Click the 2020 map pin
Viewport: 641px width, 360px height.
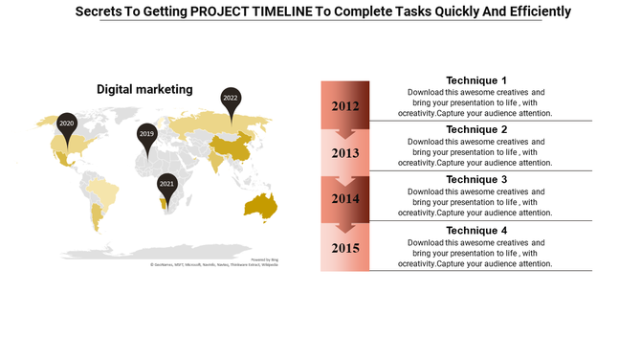tap(66, 125)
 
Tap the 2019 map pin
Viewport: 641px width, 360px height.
tap(146, 136)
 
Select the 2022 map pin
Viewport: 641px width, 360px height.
tap(231, 99)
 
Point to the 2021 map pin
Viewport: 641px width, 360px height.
tap(167, 185)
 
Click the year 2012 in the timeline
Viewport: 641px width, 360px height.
tap(345, 105)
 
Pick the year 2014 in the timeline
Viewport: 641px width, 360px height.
tap(345, 199)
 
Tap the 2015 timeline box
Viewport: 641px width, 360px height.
tap(345, 248)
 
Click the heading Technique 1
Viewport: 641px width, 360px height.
tap(476, 80)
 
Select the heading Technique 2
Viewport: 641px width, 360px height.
tap(476, 129)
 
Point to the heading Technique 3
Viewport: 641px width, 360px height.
tap(476, 179)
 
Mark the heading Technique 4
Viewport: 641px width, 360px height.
tap(476, 231)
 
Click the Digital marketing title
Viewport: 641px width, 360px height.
tap(144, 89)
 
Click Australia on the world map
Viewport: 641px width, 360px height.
tap(259, 205)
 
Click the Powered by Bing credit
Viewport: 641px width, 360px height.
tap(264, 259)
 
